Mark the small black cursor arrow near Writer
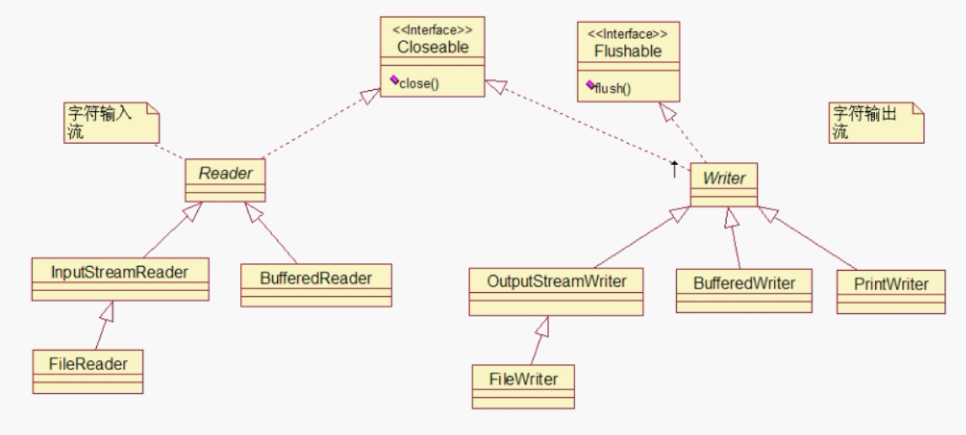[x=674, y=169]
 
